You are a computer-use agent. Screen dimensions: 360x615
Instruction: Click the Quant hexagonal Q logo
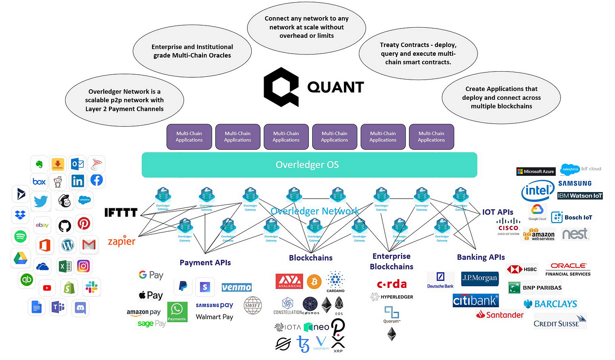(x=281, y=87)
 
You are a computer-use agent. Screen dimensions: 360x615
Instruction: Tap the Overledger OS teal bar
(x=309, y=165)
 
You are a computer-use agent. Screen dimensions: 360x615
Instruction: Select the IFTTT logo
(x=121, y=213)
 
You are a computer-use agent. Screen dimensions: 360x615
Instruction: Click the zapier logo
(x=122, y=241)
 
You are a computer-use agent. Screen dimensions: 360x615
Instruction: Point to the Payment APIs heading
(x=205, y=263)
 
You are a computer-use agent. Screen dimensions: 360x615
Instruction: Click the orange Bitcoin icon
(x=315, y=281)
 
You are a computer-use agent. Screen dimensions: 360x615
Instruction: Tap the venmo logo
(x=236, y=287)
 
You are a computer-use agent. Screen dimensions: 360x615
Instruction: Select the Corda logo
(x=392, y=284)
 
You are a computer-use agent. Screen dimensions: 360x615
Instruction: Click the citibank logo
(x=476, y=301)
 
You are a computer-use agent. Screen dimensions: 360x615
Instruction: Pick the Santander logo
(x=500, y=315)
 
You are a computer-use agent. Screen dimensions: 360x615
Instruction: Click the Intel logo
(x=537, y=192)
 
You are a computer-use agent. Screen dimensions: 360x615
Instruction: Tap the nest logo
(x=575, y=234)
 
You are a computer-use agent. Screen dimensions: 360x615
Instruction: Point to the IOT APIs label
(x=498, y=212)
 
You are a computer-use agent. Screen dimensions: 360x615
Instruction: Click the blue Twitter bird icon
(x=41, y=201)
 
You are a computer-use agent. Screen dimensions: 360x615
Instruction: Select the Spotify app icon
(x=20, y=236)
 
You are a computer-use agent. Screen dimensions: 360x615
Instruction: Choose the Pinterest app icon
(x=84, y=224)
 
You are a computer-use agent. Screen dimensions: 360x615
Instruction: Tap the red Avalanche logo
(x=289, y=282)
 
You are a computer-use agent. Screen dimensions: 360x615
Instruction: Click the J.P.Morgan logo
(x=479, y=278)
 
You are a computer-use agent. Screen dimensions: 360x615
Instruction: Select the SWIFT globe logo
(x=253, y=305)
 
